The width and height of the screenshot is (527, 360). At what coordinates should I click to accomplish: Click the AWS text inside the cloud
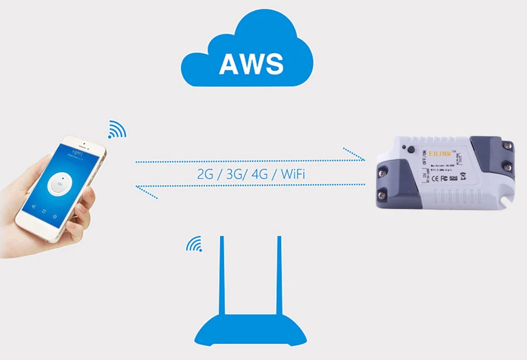(x=251, y=63)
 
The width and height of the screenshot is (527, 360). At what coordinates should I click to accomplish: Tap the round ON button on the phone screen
(x=59, y=185)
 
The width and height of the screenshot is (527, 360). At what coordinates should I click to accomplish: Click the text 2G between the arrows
(x=206, y=174)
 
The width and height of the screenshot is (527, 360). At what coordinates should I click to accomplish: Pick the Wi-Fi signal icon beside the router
(x=194, y=244)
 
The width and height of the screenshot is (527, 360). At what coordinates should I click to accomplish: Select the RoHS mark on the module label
(x=454, y=179)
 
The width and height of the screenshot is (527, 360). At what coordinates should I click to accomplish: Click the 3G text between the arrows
(x=232, y=174)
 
